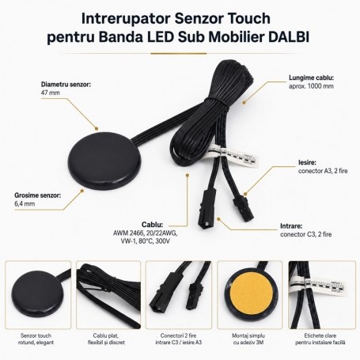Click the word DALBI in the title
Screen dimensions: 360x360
tap(289, 37)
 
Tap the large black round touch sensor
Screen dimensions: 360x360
tap(104, 159)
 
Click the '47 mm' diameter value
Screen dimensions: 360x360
tap(51, 93)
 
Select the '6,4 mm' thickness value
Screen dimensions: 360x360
tap(25, 204)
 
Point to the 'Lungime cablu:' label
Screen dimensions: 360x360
tap(311, 78)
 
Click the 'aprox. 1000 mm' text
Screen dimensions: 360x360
tap(311, 86)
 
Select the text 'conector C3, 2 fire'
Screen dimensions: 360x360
tap(306, 234)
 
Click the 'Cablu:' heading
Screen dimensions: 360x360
tap(152, 225)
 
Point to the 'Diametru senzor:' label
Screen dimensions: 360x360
tap(66, 85)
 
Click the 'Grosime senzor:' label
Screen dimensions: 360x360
tap(38, 195)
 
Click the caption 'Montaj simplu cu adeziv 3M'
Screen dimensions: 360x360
tap(248, 339)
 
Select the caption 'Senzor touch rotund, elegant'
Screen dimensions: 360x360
tap(36, 339)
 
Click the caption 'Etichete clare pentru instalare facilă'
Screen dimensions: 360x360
tap(320, 339)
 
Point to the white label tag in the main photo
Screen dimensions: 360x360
tap(232, 156)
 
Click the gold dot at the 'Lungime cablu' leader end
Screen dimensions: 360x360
tap(244, 102)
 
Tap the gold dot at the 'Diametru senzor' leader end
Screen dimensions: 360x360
tap(97, 128)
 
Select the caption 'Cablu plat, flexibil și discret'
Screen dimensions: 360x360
tap(106, 339)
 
